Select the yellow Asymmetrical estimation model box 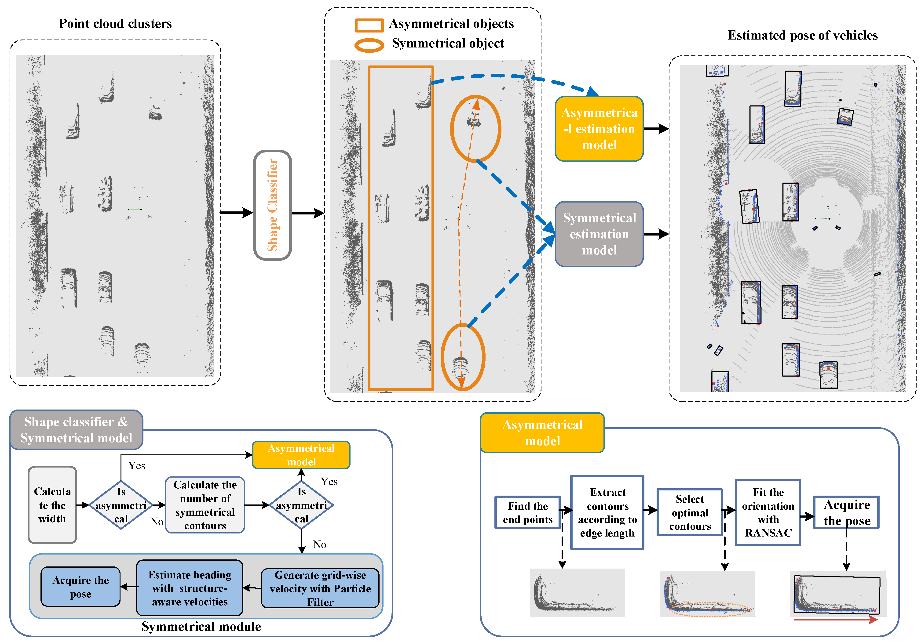pyautogui.click(x=599, y=129)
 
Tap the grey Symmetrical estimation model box pyautogui.click(x=599, y=234)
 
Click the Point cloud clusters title pyautogui.click(x=115, y=24)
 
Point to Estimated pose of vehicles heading pyautogui.click(x=802, y=35)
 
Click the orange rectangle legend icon pyautogui.click(x=369, y=25)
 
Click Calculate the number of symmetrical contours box pyautogui.click(x=205, y=505)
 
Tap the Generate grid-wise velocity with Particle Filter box pyautogui.click(x=320, y=588)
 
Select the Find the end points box pyautogui.click(x=527, y=512)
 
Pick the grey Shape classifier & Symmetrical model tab pyautogui.click(x=76, y=429)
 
